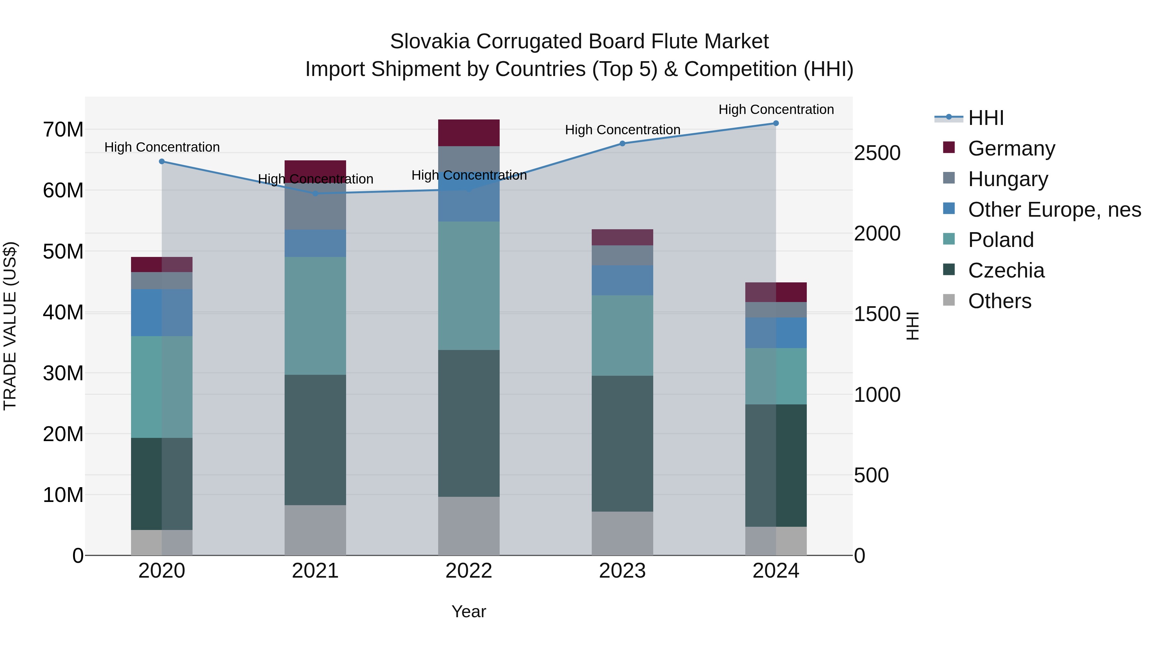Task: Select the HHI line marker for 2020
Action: click(x=162, y=162)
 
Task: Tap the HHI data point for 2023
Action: click(x=622, y=144)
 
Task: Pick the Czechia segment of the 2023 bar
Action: click(x=622, y=444)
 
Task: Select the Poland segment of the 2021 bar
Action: click(x=316, y=316)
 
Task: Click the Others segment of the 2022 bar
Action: click(x=469, y=526)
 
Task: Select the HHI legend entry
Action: click(x=985, y=118)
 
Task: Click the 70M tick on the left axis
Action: click(x=63, y=129)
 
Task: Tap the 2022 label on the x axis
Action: click(x=469, y=571)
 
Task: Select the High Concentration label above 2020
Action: click(x=162, y=147)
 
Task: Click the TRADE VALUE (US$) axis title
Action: click(x=10, y=326)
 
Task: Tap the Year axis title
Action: click(x=469, y=611)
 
